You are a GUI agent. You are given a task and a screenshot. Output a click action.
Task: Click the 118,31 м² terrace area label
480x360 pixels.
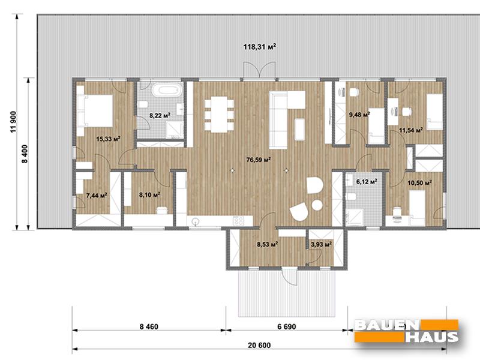260,47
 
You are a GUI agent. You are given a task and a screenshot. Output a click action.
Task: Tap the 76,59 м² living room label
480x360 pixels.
259,160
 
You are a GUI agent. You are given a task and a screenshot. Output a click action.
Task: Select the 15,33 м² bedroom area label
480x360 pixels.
108,139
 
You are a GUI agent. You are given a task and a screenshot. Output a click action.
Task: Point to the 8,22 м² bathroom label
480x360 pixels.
160,115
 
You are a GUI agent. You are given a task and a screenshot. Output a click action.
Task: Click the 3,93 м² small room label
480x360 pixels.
321,244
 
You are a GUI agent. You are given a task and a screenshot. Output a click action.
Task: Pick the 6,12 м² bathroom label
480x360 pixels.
367,182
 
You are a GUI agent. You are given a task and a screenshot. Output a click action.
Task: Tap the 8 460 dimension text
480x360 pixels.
149,327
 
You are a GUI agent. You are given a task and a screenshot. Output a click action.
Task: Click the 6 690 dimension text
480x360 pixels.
287,327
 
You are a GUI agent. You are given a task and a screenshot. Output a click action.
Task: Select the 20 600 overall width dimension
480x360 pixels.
259,346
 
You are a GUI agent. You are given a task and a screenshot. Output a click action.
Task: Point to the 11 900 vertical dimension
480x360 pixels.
13,122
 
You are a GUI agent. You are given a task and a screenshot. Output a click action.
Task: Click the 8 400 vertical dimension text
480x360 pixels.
25,154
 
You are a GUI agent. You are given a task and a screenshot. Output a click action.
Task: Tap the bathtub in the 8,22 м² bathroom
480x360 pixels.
166,91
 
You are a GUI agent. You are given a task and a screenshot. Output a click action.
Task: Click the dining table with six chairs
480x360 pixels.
219,114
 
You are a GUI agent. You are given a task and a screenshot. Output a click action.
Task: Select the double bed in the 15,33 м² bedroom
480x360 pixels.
95,110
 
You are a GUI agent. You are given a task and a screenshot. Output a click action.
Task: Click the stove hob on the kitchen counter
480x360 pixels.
239,221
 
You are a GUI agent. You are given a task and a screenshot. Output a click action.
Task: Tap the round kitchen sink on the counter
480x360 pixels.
196,221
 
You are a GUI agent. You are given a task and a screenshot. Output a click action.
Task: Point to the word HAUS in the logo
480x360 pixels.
432,337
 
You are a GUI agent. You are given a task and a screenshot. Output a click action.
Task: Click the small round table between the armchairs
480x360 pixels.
317,205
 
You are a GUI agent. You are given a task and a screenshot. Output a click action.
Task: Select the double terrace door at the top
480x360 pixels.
260,70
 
